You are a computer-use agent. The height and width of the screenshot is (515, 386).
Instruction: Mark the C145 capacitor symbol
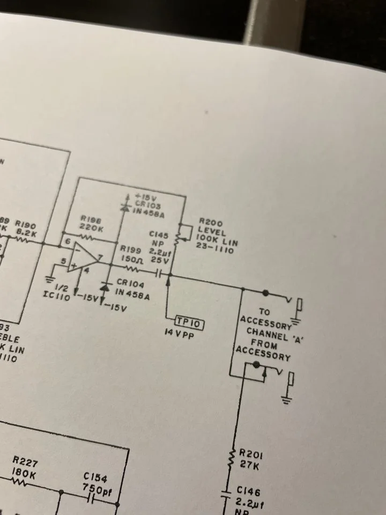point(159,274)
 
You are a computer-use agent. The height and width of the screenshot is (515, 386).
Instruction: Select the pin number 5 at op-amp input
point(63,262)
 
